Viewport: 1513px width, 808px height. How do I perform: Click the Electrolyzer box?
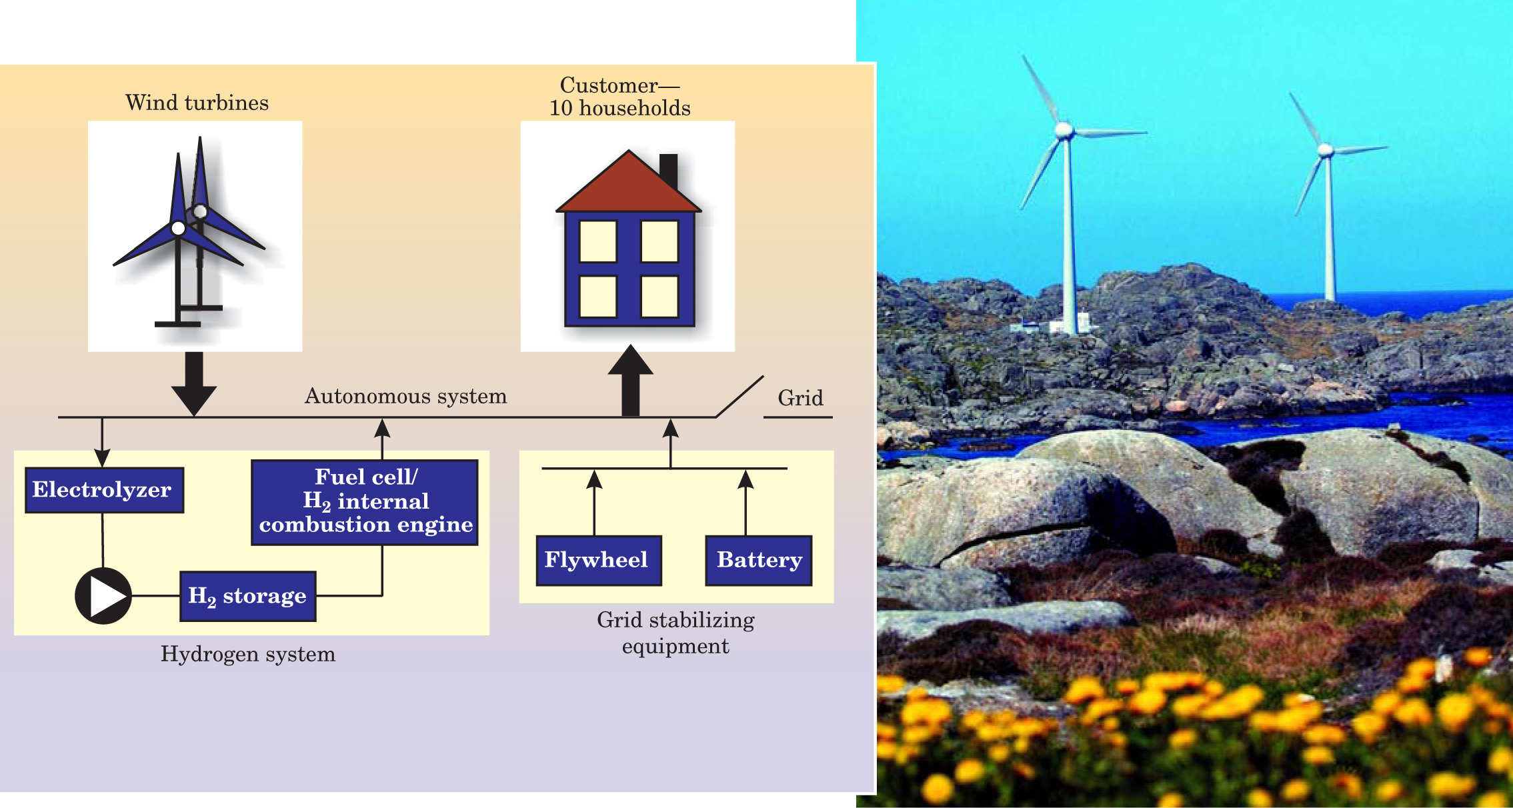tap(104, 490)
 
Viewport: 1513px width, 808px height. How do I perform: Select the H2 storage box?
tap(247, 596)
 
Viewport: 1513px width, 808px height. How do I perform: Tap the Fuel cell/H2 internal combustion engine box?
tap(365, 502)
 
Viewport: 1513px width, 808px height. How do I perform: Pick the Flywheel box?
tap(598, 560)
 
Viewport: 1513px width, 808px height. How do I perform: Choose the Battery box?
tap(759, 560)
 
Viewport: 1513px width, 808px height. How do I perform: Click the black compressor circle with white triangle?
tap(103, 595)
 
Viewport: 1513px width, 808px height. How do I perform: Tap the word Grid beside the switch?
tap(800, 398)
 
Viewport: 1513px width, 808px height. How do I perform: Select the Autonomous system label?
tap(405, 397)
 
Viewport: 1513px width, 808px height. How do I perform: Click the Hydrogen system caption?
tap(247, 654)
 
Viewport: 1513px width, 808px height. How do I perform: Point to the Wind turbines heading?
tap(197, 103)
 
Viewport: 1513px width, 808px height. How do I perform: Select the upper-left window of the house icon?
tap(597, 241)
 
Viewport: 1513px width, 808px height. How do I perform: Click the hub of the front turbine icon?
tap(178, 229)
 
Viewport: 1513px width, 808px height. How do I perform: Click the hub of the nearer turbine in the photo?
tap(1064, 129)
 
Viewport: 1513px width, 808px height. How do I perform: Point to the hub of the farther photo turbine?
tap(1326, 151)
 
